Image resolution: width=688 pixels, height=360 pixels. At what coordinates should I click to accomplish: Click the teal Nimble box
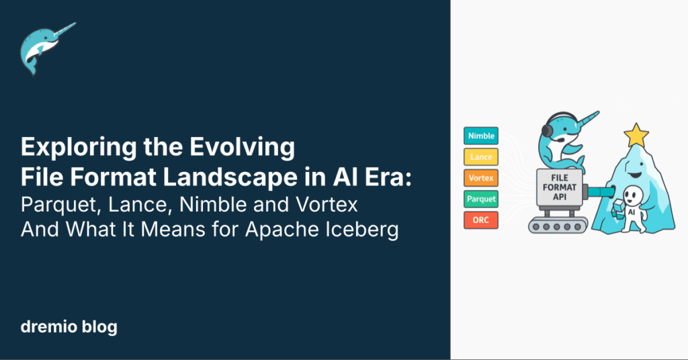pyautogui.click(x=480, y=136)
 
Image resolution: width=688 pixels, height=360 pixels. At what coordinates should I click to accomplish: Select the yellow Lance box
pyautogui.click(x=480, y=157)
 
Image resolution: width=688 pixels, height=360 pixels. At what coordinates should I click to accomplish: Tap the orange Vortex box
pyautogui.click(x=480, y=178)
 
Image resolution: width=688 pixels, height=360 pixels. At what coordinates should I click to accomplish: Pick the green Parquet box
pyautogui.click(x=480, y=199)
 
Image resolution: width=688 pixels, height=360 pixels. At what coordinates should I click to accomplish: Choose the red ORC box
pyautogui.click(x=480, y=220)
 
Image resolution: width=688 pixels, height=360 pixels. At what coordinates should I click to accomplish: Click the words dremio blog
pyautogui.click(x=69, y=327)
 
